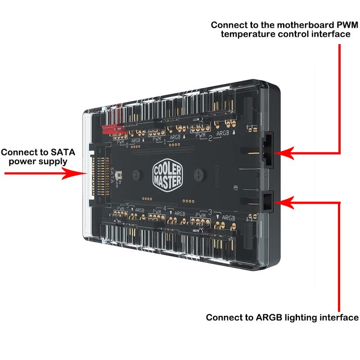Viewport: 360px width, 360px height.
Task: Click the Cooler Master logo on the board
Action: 168,174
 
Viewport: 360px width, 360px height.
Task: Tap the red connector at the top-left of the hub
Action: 112,129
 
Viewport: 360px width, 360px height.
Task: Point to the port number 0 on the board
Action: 127,145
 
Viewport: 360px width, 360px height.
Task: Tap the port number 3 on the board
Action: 210,211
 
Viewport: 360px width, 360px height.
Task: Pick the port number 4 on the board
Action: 165,208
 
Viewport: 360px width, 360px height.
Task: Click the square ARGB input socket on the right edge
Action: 268,201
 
